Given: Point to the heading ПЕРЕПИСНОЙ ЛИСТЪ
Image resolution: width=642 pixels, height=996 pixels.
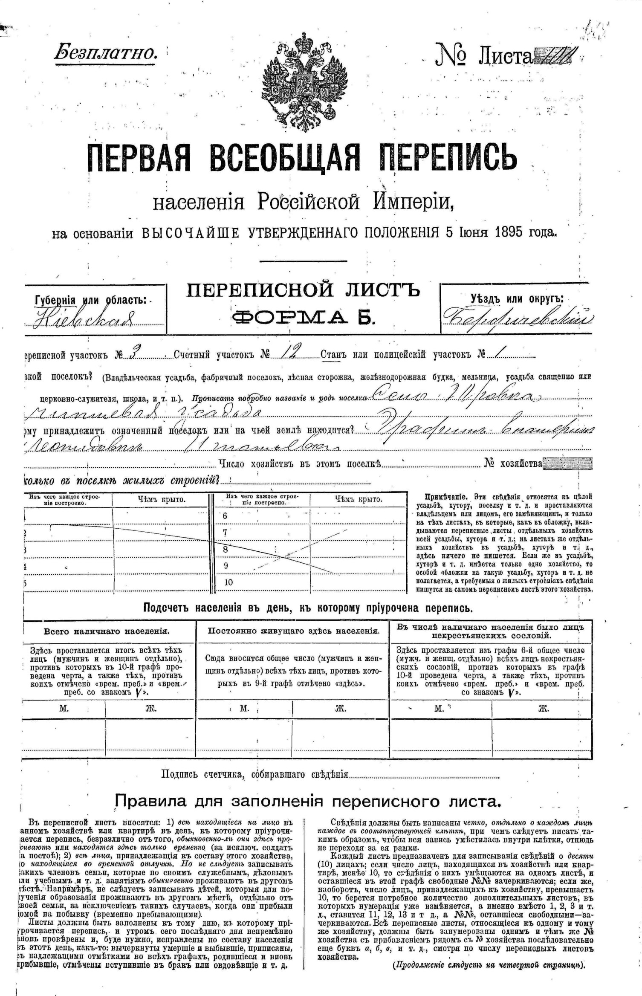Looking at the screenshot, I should click(303, 290).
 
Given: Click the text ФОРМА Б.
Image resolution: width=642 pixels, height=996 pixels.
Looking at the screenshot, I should click(303, 317).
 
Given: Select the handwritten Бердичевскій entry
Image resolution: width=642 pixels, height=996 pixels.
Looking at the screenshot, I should click(518, 318).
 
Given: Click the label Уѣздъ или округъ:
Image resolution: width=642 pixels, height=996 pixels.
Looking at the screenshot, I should click(517, 298).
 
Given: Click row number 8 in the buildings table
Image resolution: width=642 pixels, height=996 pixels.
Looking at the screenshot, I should click(226, 549).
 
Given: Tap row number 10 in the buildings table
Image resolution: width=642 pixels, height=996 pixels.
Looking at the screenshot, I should click(228, 582).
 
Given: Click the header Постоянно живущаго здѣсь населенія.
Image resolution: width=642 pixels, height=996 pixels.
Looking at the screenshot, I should click(294, 631).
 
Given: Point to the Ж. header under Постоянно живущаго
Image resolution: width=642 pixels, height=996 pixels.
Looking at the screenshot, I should click(340, 709).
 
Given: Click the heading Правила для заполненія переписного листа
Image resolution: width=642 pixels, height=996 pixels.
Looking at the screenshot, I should click(307, 802).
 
